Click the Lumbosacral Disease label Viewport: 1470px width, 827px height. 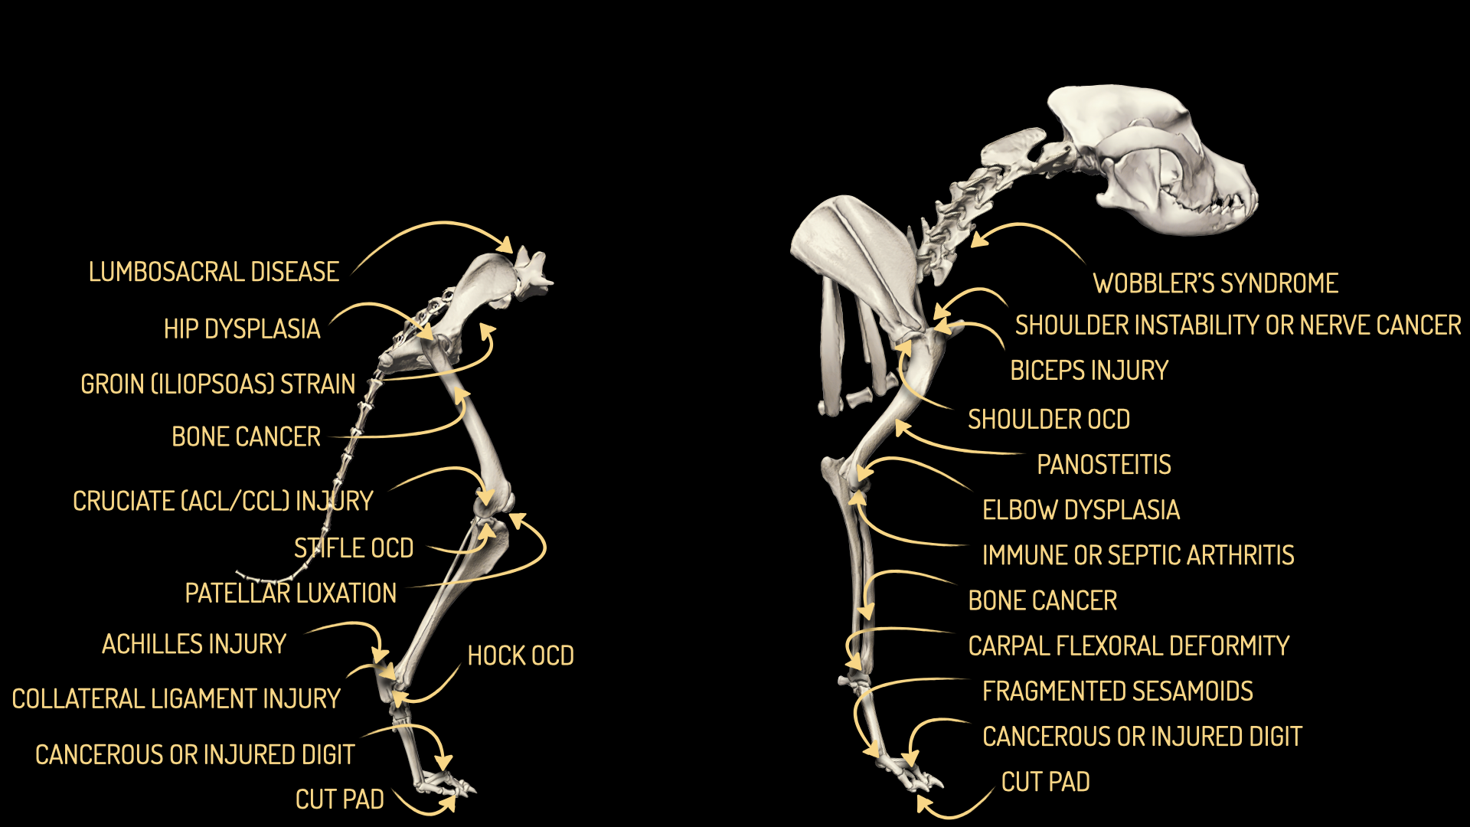click(x=214, y=272)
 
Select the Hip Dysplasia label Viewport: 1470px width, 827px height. click(x=242, y=329)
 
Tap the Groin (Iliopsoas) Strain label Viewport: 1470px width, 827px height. click(x=218, y=384)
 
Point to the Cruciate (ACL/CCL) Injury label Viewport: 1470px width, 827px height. click(x=223, y=501)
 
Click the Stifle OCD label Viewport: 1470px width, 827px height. click(x=354, y=548)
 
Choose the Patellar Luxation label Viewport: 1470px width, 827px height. click(x=291, y=593)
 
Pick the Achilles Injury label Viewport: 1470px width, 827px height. click(x=194, y=644)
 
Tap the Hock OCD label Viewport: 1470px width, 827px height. click(x=521, y=656)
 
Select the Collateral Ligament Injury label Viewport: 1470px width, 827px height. click(x=176, y=699)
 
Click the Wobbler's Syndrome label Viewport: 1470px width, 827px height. click(x=1215, y=283)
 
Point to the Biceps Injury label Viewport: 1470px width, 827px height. click(x=1089, y=371)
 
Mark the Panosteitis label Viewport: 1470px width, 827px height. click(x=1103, y=465)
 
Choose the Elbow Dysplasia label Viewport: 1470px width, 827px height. click(x=1080, y=510)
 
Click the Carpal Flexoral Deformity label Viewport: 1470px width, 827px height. click(x=1129, y=646)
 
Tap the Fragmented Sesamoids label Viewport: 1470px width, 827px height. click(x=1117, y=691)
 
